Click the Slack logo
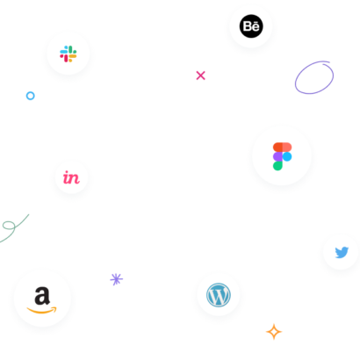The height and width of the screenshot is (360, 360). pyautogui.click(x=68, y=54)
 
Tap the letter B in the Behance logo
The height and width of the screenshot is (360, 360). pyautogui.click(x=248, y=26)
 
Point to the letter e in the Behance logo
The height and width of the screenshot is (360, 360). pyautogui.click(x=256, y=27)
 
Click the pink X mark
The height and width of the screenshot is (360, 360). pyautogui.click(x=200, y=76)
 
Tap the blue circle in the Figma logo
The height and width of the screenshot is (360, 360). pyautogui.click(x=287, y=156)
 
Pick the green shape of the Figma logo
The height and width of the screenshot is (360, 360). pyautogui.click(x=277, y=166)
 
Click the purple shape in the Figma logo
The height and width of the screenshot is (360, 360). pyautogui.click(x=277, y=156)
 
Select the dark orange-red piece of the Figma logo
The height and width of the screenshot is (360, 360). pyautogui.click(x=277, y=148)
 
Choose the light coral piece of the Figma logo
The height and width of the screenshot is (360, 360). pyautogui.click(x=287, y=148)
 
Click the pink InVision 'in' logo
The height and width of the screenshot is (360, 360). pyautogui.click(x=71, y=177)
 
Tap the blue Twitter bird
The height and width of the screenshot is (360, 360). pyautogui.click(x=342, y=252)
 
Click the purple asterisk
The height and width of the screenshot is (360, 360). pyautogui.click(x=116, y=279)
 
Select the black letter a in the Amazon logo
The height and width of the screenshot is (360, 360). pyautogui.click(x=42, y=296)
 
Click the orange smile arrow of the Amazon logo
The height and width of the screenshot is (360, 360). pyautogui.click(x=41, y=311)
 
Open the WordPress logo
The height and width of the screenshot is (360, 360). pyautogui.click(x=219, y=295)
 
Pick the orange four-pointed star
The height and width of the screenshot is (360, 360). pyautogui.click(x=274, y=332)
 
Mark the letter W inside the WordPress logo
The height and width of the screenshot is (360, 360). pyautogui.click(x=219, y=296)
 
